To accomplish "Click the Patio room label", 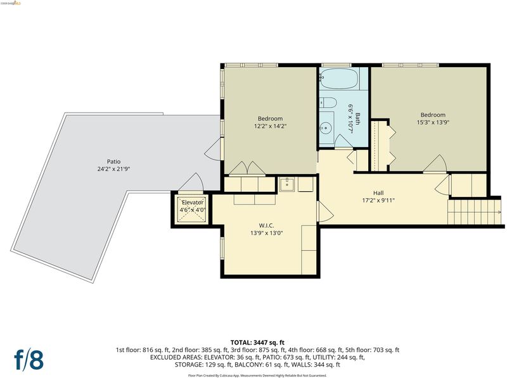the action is (x=113, y=161).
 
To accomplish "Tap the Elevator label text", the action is (x=193, y=203).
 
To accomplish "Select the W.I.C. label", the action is (x=266, y=225).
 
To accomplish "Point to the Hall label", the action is (x=378, y=193).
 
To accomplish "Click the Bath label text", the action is (x=357, y=118).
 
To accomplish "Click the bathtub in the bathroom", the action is (x=339, y=79).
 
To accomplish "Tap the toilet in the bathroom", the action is (x=328, y=102).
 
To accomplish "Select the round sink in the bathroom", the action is (x=326, y=128).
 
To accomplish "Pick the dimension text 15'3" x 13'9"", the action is (x=433, y=122).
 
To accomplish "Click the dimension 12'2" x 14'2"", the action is (x=271, y=126).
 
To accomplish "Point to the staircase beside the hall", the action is (x=474, y=212).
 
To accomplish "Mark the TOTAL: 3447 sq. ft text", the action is (x=257, y=343).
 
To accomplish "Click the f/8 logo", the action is (x=29, y=359).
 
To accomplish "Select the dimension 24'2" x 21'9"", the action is (x=113, y=168).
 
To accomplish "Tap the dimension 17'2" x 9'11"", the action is (x=378, y=200).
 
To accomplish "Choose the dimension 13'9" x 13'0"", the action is (x=266, y=233).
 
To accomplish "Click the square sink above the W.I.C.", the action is (x=286, y=184).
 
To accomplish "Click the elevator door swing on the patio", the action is (x=191, y=182).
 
